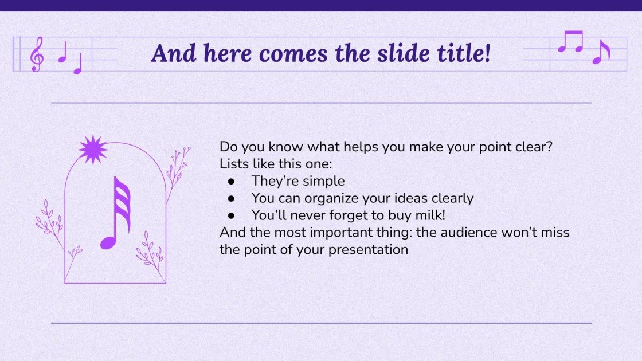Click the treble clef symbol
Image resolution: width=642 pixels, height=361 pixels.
point(37,54)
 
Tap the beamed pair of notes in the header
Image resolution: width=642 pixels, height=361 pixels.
point(570,42)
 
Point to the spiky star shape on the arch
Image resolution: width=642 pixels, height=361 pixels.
point(92,150)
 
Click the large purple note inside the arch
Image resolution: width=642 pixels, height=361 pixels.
point(116,213)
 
